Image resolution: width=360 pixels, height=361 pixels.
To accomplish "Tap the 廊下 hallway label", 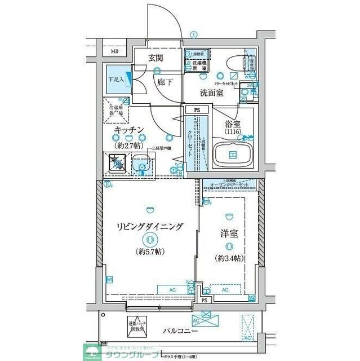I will [x=165, y=82].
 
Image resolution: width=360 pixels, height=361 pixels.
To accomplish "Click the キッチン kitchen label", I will [x=130, y=130].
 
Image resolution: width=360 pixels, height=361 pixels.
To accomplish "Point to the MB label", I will [x=115, y=52].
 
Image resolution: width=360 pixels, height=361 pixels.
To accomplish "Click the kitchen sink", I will [x=142, y=164].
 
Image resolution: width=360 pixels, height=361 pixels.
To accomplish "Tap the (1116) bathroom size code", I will [x=233, y=131].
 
